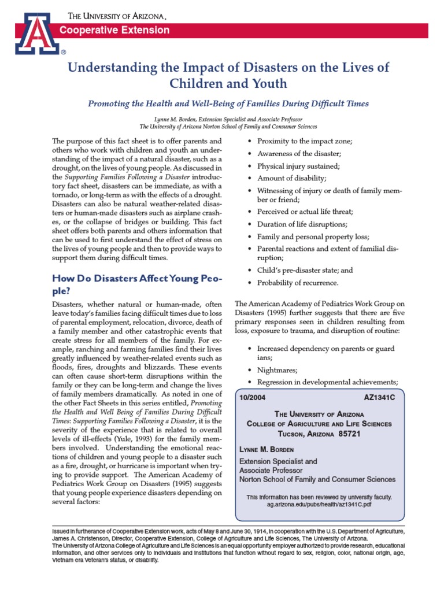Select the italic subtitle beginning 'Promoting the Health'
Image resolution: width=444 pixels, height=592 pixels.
click(x=228, y=104)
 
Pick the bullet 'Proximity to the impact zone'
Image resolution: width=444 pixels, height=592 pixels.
click(x=305, y=141)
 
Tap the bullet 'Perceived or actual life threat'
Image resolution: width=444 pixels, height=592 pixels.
click(x=305, y=212)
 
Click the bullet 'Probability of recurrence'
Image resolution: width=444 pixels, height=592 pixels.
click(x=298, y=283)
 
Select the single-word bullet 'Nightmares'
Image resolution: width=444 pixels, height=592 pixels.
click(x=277, y=369)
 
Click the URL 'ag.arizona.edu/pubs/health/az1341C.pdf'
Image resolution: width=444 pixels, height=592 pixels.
click(x=319, y=504)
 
